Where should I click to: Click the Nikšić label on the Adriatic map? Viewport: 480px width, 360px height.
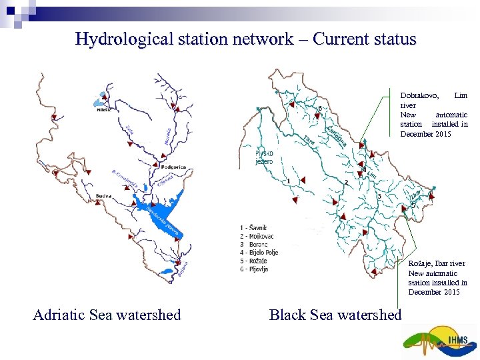(x=104, y=111)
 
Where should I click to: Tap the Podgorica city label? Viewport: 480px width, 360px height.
(x=173, y=167)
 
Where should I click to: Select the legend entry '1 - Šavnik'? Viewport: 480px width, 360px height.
(x=253, y=227)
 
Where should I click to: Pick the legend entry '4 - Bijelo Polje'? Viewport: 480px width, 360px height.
(x=259, y=253)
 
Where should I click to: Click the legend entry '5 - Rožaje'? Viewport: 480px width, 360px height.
(x=255, y=261)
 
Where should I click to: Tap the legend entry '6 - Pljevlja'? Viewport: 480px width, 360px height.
(x=255, y=269)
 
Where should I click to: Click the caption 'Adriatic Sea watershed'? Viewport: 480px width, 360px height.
(x=107, y=315)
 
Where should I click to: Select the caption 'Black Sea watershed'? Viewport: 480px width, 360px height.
(x=335, y=315)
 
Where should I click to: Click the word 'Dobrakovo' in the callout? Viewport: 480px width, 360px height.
(x=419, y=96)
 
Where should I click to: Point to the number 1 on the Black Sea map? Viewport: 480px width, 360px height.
(x=288, y=181)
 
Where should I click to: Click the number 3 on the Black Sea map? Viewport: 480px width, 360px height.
(x=379, y=196)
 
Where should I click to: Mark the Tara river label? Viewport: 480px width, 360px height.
(x=309, y=139)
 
